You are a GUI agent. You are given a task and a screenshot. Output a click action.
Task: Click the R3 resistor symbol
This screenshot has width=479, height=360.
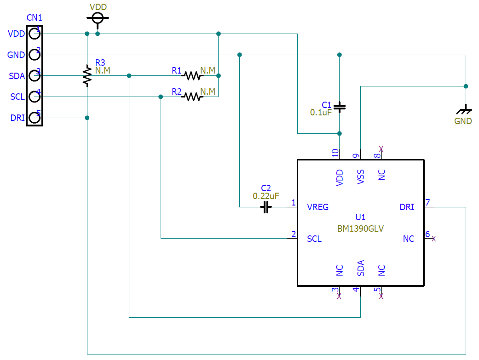(87, 75)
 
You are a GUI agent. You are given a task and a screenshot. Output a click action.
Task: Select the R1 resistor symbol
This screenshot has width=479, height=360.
(192, 75)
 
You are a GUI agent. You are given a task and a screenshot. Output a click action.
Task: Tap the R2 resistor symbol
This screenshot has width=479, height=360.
(192, 97)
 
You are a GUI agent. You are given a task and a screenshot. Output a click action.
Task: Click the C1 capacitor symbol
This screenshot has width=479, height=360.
(340, 107)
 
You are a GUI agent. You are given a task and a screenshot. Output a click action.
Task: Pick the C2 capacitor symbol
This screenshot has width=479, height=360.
(265, 207)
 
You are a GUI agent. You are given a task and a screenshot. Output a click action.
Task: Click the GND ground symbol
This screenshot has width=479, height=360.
(466, 111)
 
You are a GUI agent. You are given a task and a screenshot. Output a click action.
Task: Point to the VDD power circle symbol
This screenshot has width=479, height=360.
(98, 18)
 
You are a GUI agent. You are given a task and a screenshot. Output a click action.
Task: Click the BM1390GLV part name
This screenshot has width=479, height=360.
(361, 228)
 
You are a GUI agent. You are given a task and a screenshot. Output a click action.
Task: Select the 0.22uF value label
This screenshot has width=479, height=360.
(266, 196)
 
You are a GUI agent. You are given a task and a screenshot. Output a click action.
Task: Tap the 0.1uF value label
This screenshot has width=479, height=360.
(321, 112)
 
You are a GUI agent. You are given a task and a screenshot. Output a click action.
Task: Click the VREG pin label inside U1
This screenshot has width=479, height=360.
(318, 207)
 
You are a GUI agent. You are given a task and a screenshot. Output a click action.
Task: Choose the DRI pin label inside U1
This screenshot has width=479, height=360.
(407, 207)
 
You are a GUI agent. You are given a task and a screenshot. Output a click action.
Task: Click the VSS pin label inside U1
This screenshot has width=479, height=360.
(361, 177)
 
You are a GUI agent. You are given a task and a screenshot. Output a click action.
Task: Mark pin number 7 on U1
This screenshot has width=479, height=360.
(427, 202)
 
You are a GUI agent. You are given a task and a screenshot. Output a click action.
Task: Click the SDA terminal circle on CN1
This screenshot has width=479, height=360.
(35, 75)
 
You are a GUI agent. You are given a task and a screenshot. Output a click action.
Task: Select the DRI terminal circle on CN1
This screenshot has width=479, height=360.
(35, 118)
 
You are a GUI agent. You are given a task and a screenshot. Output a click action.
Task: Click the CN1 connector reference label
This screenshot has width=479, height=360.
(35, 18)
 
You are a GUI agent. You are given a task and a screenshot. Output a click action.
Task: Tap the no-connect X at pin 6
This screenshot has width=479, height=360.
(433, 239)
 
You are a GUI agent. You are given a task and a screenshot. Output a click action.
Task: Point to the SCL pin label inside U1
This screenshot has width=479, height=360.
(314, 239)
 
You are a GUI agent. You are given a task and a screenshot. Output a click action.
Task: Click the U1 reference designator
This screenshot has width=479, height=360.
(360, 217)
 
